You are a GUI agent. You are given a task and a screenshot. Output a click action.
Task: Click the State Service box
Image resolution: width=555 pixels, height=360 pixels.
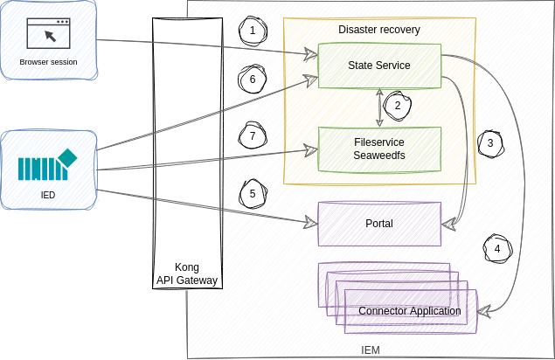pyautogui.click(x=378, y=66)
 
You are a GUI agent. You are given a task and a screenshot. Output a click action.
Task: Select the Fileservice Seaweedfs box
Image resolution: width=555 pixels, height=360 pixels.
pyautogui.click(x=378, y=149)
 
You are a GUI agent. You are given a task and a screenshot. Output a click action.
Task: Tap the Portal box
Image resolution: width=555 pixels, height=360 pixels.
pyautogui.click(x=378, y=224)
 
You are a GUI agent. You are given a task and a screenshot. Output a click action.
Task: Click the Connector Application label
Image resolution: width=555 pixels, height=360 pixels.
pyautogui.click(x=410, y=311)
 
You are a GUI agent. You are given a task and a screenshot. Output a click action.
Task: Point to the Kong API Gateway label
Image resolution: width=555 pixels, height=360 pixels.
pyautogui.click(x=186, y=273)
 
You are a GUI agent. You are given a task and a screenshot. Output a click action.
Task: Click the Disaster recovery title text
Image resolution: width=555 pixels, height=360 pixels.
pyautogui.click(x=378, y=30)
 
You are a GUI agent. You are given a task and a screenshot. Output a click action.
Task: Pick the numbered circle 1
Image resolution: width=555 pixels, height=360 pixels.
pyautogui.click(x=253, y=31)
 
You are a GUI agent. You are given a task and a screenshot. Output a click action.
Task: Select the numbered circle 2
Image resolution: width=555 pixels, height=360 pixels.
pyautogui.click(x=398, y=106)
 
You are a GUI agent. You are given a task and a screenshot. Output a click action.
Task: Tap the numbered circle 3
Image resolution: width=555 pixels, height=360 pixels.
pyautogui.click(x=490, y=142)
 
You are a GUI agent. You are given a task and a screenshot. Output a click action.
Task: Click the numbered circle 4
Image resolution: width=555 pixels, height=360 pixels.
pyautogui.click(x=497, y=248)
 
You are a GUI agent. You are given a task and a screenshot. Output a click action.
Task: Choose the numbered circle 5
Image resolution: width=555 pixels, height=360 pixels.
pyautogui.click(x=253, y=194)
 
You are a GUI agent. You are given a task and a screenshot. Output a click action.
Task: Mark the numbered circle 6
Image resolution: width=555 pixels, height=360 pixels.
pyautogui.click(x=253, y=80)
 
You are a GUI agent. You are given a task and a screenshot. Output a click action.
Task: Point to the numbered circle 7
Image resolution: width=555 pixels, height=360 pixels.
pyautogui.click(x=252, y=136)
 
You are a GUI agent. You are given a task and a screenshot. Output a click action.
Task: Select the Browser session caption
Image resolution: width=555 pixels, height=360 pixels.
pyautogui.click(x=48, y=62)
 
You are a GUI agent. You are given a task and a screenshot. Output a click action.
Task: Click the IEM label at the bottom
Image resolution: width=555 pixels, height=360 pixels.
pyautogui.click(x=371, y=350)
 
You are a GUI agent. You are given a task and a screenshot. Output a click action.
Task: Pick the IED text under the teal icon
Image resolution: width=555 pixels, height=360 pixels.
pyautogui.click(x=47, y=195)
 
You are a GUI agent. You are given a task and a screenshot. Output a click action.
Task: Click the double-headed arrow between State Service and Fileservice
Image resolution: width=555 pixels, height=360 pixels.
pyautogui.click(x=379, y=107)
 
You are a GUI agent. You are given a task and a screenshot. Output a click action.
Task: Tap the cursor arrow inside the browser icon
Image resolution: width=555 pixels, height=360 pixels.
pyautogui.click(x=50, y=37)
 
